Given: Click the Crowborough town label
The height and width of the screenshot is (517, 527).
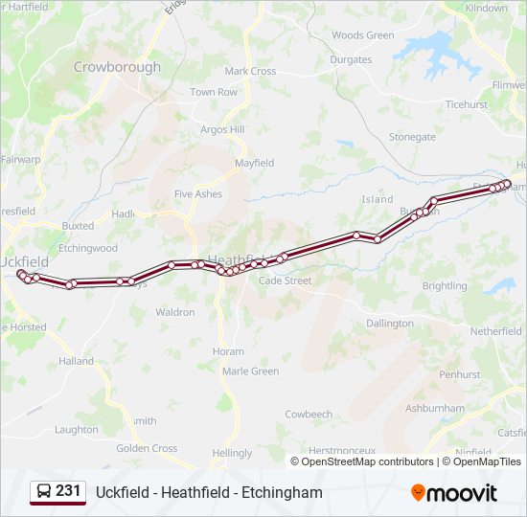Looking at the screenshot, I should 117,68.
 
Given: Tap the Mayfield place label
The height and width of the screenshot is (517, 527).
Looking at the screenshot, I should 254,164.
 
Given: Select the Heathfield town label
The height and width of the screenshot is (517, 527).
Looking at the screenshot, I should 231,259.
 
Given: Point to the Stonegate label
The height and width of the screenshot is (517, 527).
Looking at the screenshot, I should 412,137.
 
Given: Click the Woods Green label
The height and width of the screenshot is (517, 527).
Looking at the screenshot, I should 362,35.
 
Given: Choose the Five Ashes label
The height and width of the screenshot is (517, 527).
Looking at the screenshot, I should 197,193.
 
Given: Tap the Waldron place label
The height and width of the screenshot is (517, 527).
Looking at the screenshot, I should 174,312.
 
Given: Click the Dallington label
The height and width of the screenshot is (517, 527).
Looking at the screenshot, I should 389,324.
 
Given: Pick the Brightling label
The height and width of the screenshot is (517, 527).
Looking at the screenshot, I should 445,286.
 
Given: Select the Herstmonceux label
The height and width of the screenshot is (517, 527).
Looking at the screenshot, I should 342,450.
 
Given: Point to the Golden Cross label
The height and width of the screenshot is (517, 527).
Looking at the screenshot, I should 147,448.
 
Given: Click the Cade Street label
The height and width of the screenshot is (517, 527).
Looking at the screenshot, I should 285,281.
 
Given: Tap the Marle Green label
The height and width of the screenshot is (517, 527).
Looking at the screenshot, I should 250,371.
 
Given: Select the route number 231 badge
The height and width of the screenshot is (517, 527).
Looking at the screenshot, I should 68,491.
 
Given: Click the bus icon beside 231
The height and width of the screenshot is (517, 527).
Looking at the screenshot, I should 44,491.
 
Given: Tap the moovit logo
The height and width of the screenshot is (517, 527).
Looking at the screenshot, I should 454,493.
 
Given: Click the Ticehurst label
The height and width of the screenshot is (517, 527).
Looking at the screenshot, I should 466,104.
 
